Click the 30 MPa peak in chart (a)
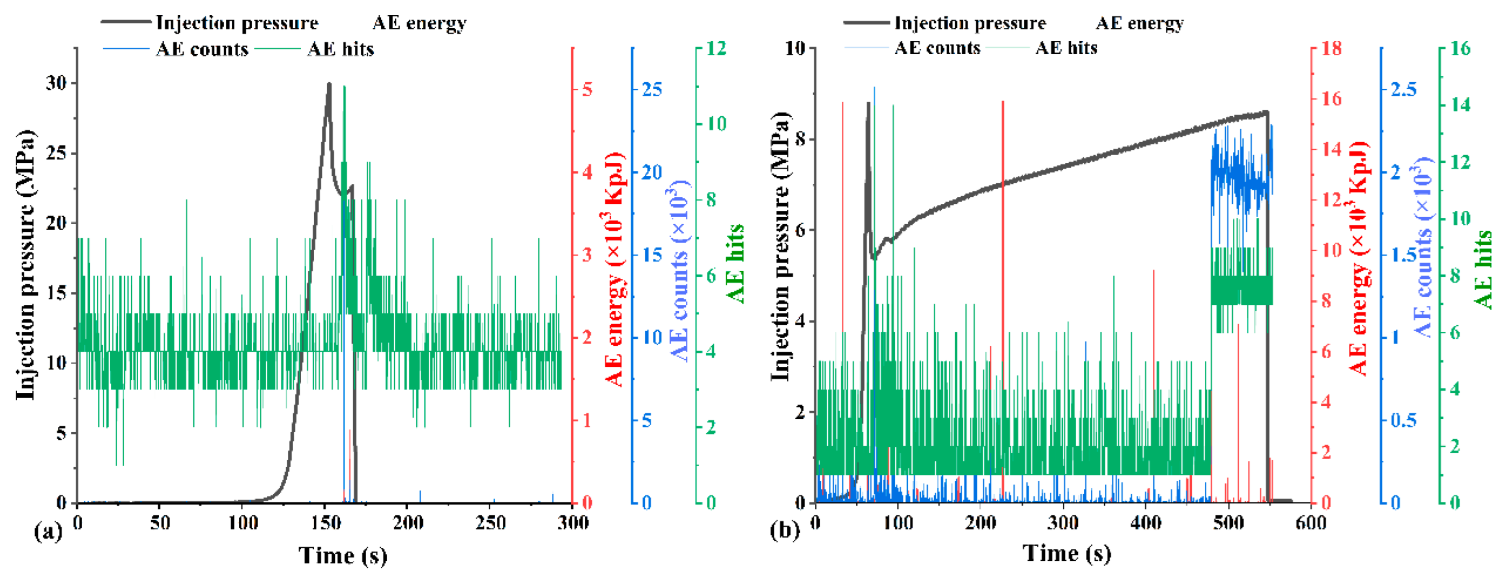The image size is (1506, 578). (329, 85)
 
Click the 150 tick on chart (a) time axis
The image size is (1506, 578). (325, 522)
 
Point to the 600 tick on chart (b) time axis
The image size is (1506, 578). (1310, 522)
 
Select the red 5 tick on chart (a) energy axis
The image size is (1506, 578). (586, 89)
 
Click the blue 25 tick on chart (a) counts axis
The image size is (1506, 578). (651, 89)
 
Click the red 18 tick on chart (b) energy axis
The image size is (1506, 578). (1331, 48)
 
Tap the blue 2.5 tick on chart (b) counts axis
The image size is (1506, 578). (1403, 89)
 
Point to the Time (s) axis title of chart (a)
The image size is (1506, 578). (343, 555)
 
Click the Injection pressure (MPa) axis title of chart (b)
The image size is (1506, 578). (780, 246)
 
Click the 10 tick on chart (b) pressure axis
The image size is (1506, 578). (795, 48)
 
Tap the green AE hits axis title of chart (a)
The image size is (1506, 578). (735, 263)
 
